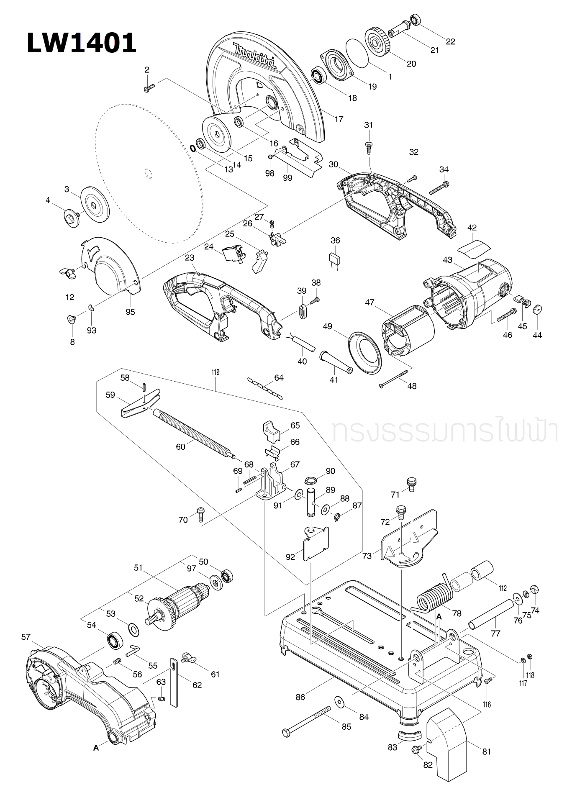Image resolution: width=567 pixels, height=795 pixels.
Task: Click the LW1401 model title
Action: pyautogui.click(x=82, y=43)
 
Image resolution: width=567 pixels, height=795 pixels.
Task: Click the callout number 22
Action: pyautogui.click(x=450, y=41)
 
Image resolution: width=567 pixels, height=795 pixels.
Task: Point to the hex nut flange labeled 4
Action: pyautogui.click(x=72, y=217)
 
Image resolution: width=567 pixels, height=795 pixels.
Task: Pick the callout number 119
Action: pyautogui.click(x=216, y=372)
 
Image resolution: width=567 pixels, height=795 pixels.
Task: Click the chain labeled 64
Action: pyautogui.click(x=265, y=387)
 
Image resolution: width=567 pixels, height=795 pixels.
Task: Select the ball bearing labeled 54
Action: pyautogui.click(x=113, y=641)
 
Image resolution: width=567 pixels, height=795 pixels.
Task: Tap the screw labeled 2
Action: pyautogui.click(x=149, y=88)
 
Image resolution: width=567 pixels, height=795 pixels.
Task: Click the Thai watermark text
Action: pyautogui.click(x=444, y=431)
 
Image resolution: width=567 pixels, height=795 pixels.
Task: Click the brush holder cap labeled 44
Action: pyautogui.click(x=537, y=310)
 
